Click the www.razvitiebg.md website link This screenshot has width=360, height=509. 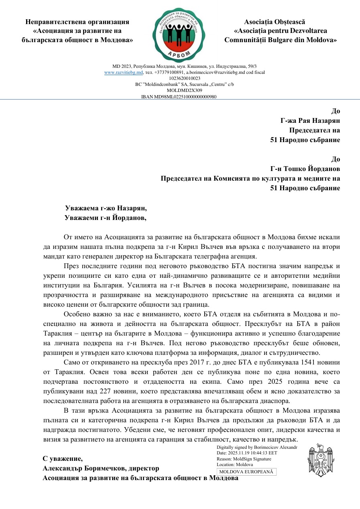point(124,72)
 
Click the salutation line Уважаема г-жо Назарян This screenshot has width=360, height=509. point(106,208)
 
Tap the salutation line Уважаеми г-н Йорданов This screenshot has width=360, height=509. point(106,218)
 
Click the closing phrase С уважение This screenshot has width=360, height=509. point(63,458)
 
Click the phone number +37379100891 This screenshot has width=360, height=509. point(169,72)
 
